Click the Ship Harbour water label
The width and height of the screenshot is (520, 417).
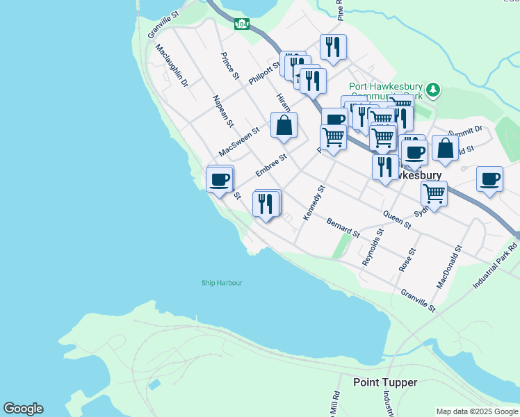[x=222, y=283]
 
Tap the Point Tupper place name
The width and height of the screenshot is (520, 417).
[x=385, y=382]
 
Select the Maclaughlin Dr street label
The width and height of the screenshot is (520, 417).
[x=171, y=65]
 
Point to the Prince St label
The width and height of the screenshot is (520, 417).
[x=230, y=65]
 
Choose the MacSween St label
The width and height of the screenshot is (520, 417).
[x=238, y=141]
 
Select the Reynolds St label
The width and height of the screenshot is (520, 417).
[x=373, y=247]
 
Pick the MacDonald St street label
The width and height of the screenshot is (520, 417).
[x=449, y=267]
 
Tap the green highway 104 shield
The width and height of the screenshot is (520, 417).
[x=242, y=24]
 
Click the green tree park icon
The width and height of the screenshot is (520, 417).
[x=434, y=90]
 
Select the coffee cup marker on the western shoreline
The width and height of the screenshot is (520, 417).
[x=220, y=179]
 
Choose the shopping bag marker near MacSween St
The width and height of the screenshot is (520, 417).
[x=284, y=126]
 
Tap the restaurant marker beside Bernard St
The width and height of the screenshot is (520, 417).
[x=266, y=204]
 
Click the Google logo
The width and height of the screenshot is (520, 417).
[x=23, y=409]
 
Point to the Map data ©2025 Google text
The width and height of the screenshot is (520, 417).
[x=477, y=411]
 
